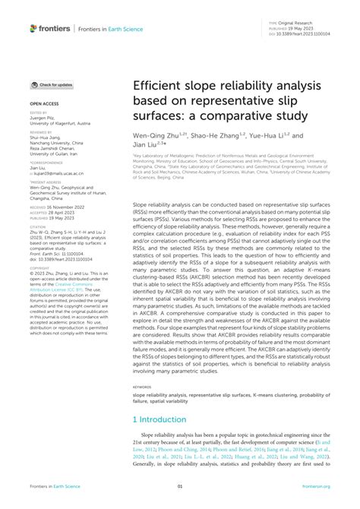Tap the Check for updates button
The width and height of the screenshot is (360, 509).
click(52, 85)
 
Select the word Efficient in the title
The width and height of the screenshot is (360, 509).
click(157, 88)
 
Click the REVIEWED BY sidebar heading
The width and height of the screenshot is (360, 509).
click(40, 130)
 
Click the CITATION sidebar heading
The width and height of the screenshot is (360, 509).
click(38, 226)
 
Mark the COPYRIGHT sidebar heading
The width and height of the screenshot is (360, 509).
click(39, 268)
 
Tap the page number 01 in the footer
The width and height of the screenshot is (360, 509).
click(180, 486)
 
